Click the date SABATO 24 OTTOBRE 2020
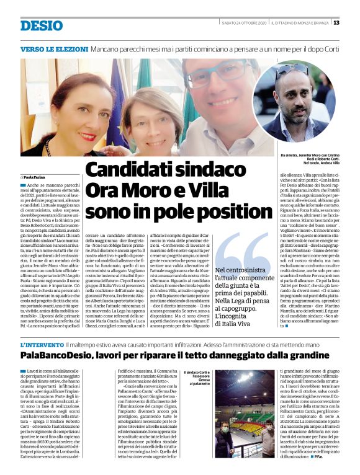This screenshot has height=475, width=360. point(244,23)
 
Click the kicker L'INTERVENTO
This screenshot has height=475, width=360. point(41,344)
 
